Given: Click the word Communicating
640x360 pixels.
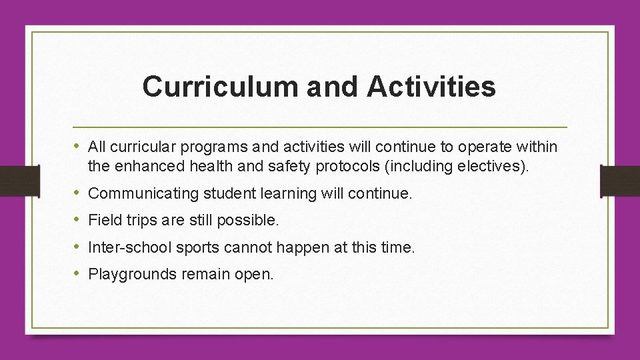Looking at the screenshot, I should point(143,195).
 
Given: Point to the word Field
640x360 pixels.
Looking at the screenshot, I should point(103,220).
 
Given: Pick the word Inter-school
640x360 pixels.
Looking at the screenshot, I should point(129,247).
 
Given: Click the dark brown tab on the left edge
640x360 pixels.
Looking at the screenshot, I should point(12,181).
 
